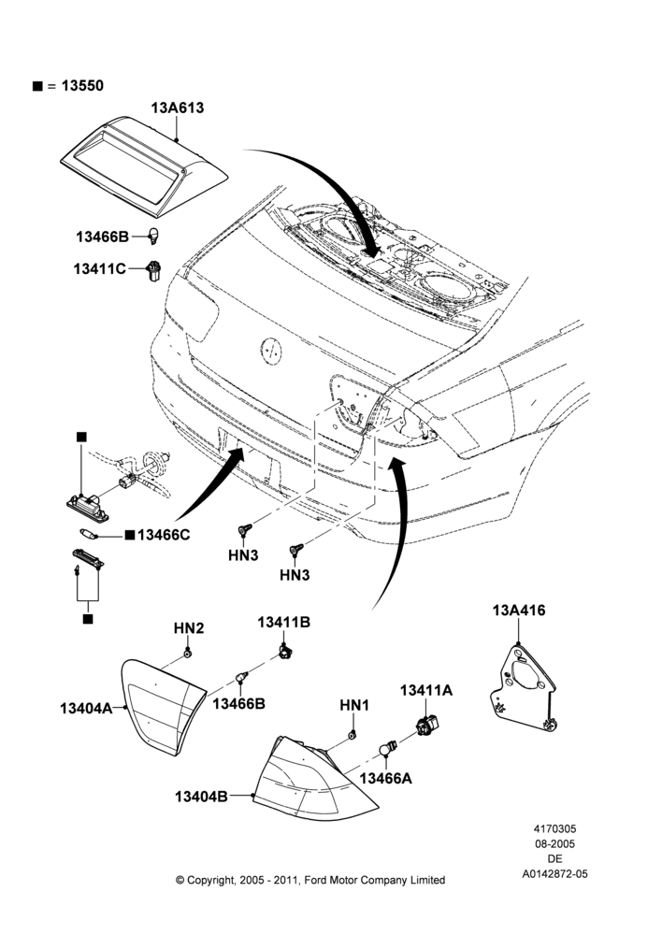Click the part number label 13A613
[x=177, y=108]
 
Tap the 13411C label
[x=100, y=269]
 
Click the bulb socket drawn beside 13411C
[x=154, y=271]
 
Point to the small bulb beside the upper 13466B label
[x=155, y=236]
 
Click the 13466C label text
[x=164, y=535]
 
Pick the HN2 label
[x=189, y=628]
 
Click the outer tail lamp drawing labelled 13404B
[x=315, y=778]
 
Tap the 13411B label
[x=284, y=622]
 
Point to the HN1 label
[x=354, y=705]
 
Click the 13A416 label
[x=518, y=611]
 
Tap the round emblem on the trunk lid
[x=270, y=350]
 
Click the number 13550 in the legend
[x=82, y=86]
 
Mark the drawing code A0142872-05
[x=554, y=874]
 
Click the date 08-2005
[x=554, y=843]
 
